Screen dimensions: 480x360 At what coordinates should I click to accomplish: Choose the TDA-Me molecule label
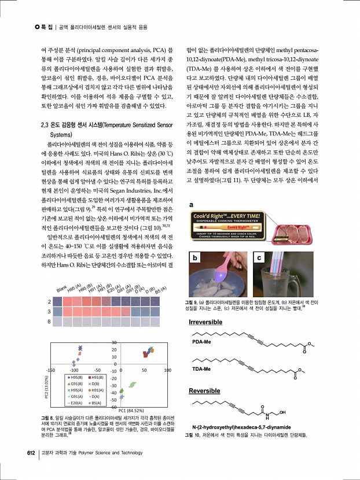pyautogui.click(x=201, y=368)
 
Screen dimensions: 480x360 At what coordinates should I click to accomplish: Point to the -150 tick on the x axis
pyautogui.click(x=50, y=369)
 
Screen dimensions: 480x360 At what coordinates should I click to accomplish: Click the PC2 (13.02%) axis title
pyautogui.click(x=47, y=388)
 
